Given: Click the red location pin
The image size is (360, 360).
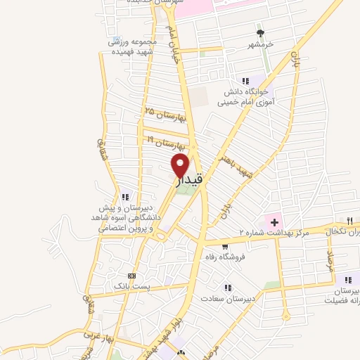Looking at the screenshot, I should click(180, 166).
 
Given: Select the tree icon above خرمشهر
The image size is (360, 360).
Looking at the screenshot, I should click(261, 32).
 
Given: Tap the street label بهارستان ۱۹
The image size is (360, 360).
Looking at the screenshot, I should click(168, 142).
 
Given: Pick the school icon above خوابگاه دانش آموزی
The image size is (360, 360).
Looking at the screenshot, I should click(245, 81).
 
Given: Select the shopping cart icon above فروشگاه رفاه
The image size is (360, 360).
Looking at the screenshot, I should click(224, 247).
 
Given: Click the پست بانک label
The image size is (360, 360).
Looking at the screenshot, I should click(131, 287).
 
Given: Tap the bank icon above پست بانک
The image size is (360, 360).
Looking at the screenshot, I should click(131, 276).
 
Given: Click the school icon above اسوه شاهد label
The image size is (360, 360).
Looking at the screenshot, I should click(125, 197).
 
